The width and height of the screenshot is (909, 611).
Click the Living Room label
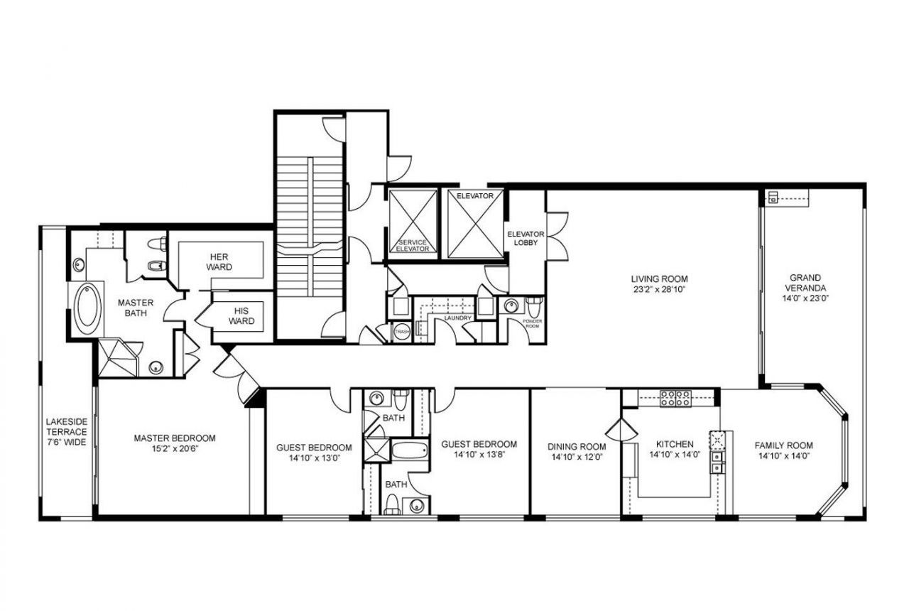click(x=660, y=279)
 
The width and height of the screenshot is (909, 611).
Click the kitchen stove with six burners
click(x=676, y=398)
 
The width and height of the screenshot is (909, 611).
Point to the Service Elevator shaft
click(x=413, y=222)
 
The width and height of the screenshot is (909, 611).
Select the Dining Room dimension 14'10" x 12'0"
click(x=576, y=458)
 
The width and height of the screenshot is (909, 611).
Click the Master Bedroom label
click(x=174, y=438)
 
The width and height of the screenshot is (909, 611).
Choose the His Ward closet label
click(x=240, y=315)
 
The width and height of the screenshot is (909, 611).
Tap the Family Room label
click(x=783, y=445)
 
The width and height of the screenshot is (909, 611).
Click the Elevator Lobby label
click(x=526, y=238)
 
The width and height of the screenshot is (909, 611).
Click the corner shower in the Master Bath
click(x=118, y=357)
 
